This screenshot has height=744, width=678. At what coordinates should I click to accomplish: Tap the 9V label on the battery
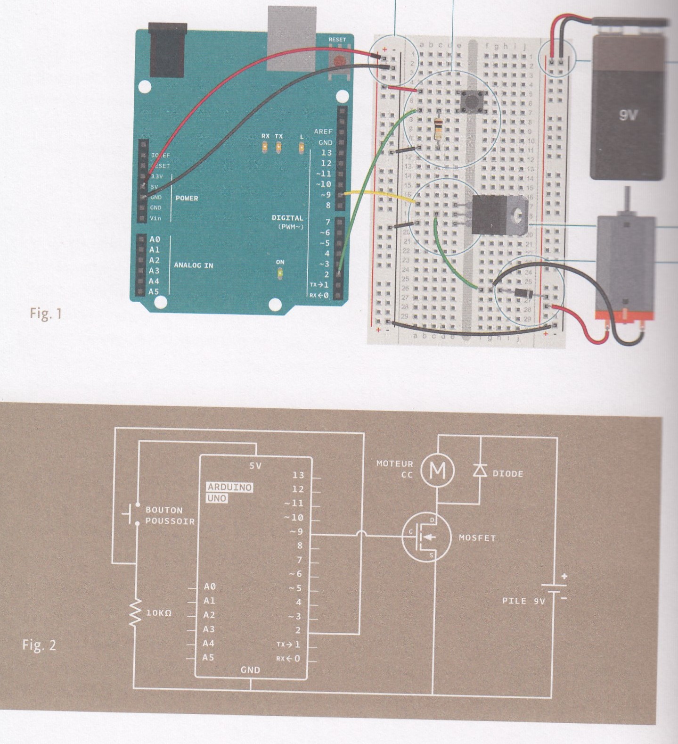click(x=628, y=115)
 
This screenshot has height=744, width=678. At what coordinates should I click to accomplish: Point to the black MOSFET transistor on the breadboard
click(x=490, y=215)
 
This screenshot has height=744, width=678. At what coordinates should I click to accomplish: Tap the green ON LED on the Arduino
click(x=280, y=273)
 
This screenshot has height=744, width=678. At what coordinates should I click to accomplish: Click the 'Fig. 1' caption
click(x=46, y=313)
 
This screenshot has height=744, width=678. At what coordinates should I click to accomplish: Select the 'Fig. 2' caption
click(x=39, y=645)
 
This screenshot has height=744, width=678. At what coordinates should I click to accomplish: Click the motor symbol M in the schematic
click(x=437, y=470)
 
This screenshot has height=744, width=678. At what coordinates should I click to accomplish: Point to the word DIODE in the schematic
click(x=507, y=474)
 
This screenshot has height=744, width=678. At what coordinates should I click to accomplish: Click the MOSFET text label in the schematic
click(x=477, y=538)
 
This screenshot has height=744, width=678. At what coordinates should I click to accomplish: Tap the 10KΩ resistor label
click(x=159, y=613)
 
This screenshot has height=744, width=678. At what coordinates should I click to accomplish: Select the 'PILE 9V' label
click(x=523, y=601)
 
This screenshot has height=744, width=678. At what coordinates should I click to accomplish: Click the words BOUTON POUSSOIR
click(x=170, y=515)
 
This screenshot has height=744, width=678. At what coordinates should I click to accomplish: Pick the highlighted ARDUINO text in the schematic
click(x=230, y=487)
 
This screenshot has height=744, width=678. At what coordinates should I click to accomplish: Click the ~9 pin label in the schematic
click(x=296, y=532)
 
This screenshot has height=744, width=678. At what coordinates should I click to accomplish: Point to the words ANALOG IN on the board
click(x=193, y=265)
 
